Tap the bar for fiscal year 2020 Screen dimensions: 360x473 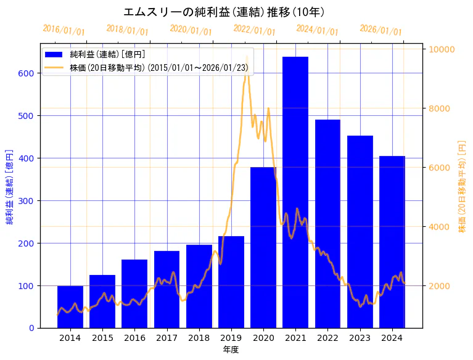pyautogui.click(x=263, y=247)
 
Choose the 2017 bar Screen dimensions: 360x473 pyautogui.click(x=167, y=289)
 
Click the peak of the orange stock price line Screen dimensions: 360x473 pyautogui.click(x=247, y=57)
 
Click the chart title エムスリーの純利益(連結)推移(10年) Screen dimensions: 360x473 pyautogui.click(x=224, y=12)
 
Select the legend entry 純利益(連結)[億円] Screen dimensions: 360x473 pyautogui.click(x=107, y=54)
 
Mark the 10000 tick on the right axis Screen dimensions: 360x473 pyautogui.click(x=442, y=49)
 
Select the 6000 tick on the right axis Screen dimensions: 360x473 pyautogui.click(x=439, y=168)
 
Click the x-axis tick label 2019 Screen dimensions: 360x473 pyautogui.click(x=231, y=338)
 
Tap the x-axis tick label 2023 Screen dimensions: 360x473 pyautogui.click(x=360, y=338)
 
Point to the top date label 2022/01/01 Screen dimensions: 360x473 pyautogui.click(x=254, y=30)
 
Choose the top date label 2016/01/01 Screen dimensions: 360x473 pyautogui.click(x=64, y=30)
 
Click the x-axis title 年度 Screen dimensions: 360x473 pyautogui.click(x=231, y=350)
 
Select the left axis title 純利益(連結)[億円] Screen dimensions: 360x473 pyautogui.click(x=10, y=186)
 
